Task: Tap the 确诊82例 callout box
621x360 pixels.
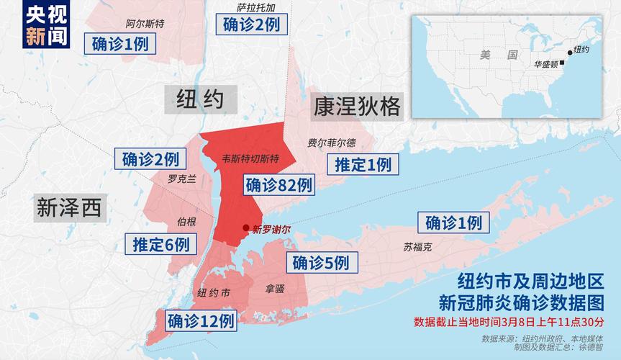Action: tap(279, 185)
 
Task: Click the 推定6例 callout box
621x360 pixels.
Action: tap(161, 244)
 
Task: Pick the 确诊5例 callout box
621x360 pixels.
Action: tap(321, 263)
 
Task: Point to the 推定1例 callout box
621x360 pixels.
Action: tap(363, 165)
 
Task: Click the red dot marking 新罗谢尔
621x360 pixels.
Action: tap(247, 228)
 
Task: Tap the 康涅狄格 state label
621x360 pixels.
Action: tap(356, 107)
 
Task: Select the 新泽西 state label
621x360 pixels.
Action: tap(69, 208)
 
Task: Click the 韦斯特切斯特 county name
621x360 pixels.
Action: tap(250, 158)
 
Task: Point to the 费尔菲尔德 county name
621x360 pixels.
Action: tap(331, 143)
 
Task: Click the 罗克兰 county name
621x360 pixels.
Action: tap(181, 179)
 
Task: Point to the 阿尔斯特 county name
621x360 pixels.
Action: tap(145, 23)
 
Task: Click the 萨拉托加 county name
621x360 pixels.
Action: tap(256, 7)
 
